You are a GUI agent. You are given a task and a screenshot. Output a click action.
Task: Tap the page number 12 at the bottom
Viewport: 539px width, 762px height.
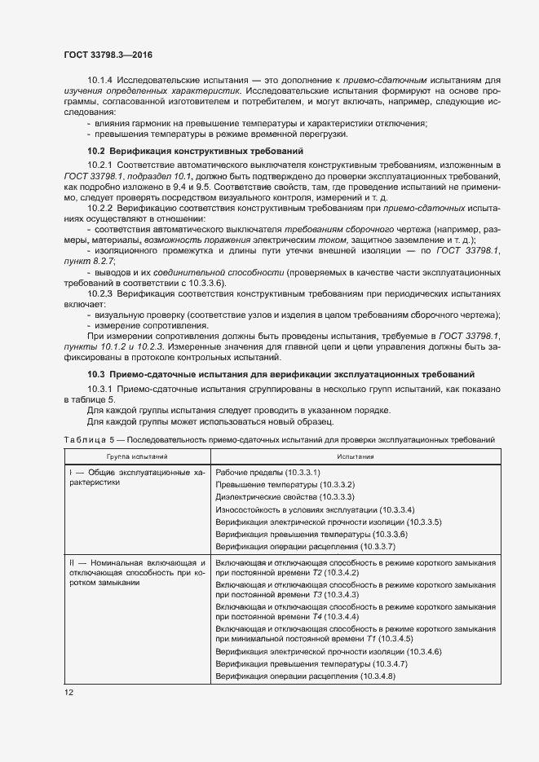coord(69,692)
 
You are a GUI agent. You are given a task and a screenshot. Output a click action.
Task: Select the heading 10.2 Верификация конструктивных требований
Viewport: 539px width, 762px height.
coord(195,151)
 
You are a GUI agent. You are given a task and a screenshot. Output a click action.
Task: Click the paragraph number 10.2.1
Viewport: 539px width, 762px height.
coord(103,166)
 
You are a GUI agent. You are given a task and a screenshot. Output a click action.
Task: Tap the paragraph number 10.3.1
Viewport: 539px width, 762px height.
coord(103,390)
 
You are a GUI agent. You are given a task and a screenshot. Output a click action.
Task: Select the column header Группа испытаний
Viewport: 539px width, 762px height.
coord(136,457)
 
